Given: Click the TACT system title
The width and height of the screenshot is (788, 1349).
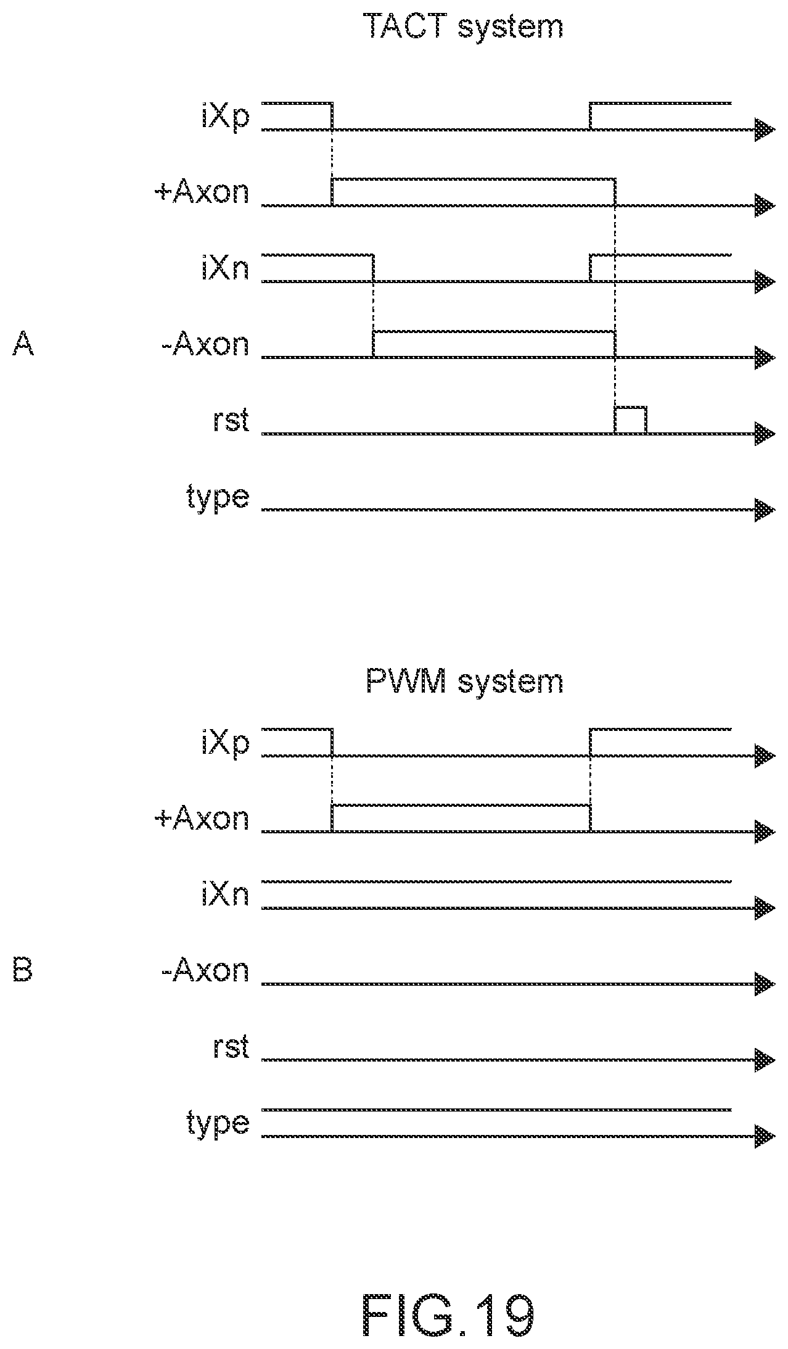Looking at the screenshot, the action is click(464, 26).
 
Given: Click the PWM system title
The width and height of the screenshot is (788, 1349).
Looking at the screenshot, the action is click(464, 682).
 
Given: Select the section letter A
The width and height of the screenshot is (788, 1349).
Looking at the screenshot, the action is click(23, 344).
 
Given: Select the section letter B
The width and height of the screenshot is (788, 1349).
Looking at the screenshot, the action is click(22, 970).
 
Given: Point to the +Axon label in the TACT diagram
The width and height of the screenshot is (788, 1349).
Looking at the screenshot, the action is click(202, 192).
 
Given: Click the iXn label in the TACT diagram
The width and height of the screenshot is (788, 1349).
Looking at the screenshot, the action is click(226, 268).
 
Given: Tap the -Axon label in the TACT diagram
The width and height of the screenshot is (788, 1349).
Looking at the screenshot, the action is click(205, 344).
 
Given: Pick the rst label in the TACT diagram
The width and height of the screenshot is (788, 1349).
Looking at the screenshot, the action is click(229, 421).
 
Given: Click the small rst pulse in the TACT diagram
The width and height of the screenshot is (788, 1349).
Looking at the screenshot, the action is click(630, 420).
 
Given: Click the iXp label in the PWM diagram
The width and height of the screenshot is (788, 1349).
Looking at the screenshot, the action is click(226, 744).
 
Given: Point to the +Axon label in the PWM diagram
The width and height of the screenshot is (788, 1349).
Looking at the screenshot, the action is click(202, 819).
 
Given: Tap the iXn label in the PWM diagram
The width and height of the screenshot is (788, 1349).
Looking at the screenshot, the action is click(226, 894).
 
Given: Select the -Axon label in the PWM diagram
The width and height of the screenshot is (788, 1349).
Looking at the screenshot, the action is click(205, 970).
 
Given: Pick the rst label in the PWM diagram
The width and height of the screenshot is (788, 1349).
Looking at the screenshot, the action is click(229, 1047).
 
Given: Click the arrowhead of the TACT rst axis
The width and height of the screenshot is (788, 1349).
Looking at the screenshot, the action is click(765, 434).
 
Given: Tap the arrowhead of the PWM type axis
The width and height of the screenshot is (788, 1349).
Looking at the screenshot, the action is click(765, 1136).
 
